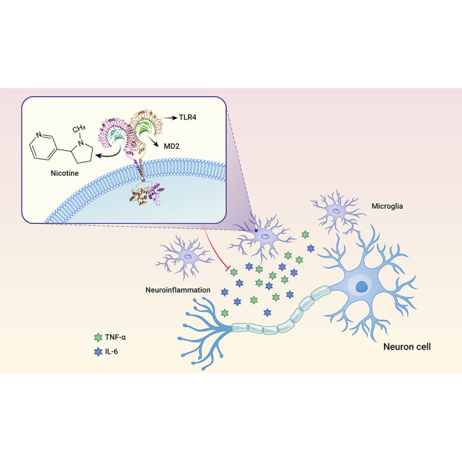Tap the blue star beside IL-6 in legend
(97, 353)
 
